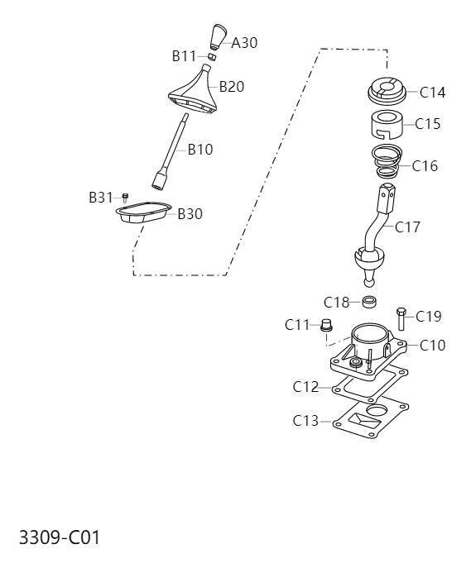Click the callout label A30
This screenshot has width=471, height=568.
(244, 43)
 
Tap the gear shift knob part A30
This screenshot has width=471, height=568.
(218, 36)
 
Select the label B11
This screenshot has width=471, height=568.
(184, 56)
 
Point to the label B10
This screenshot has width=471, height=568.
(199, 150)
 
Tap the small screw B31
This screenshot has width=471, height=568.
(125, 197)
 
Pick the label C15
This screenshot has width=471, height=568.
(427, 124)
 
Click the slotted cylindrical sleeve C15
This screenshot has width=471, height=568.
(386, 125)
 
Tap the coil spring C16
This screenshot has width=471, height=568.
(387, 160)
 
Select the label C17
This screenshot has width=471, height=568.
(407, 227)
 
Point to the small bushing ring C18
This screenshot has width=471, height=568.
(370, 301)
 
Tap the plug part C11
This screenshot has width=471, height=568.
(326, 326)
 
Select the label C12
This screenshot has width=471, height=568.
(305, 386)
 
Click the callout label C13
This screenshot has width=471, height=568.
(305, 421)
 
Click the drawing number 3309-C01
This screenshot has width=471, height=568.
(59, 538)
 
